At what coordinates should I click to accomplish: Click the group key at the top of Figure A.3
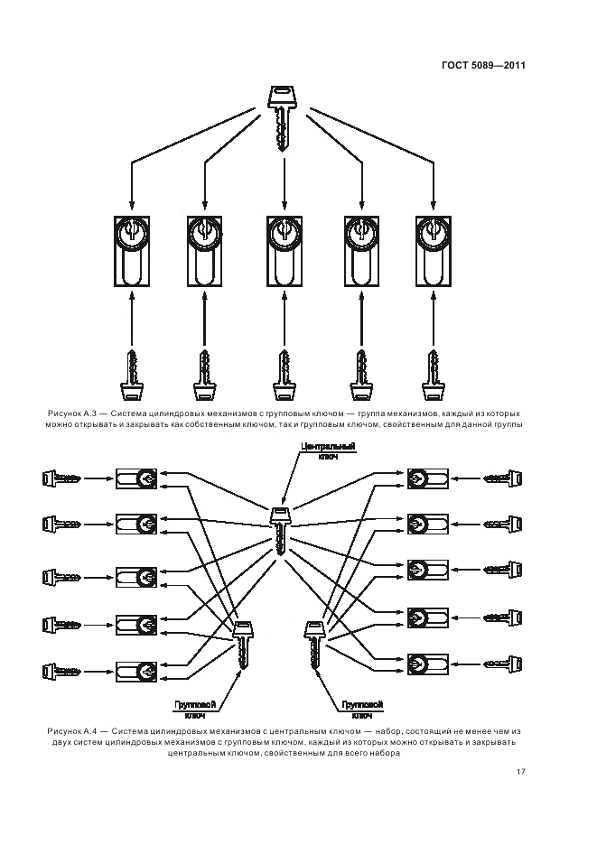pyautogui.click(x=284, y=116)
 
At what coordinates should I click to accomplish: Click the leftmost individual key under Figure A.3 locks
pyautogui.click(x=132, y=375)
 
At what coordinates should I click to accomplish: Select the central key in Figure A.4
pyautogui.click(x=282, y=530)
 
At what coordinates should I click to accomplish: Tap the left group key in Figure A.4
pyautogui.click(x=242, y=643)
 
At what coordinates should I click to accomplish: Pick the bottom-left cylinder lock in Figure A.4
pyautogui.click(x=136, y=670)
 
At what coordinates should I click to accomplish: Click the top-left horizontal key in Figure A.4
pyautogui.click(x=61, y=477)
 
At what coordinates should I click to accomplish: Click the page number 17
pyautogui.click(x=521, y=772)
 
